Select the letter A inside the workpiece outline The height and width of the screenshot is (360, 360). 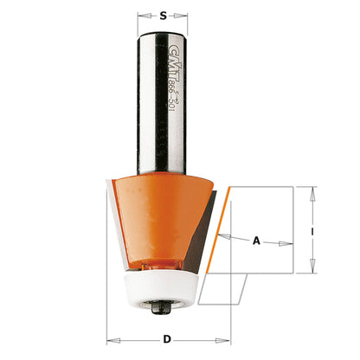[255, 242]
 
